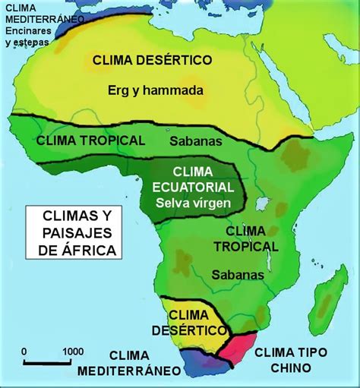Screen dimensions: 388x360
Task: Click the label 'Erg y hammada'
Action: tap(165, 90)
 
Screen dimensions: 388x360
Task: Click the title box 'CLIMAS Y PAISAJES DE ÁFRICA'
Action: tap(74, 232)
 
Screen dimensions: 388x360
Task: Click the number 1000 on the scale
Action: tap(72, 351)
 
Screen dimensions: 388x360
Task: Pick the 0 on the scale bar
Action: tap(26, 351)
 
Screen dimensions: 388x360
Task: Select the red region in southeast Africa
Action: tap(242, 352)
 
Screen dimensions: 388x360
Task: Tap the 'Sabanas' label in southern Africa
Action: tap(238, 274)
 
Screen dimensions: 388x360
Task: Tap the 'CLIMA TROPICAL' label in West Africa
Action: tap(90, 140)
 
